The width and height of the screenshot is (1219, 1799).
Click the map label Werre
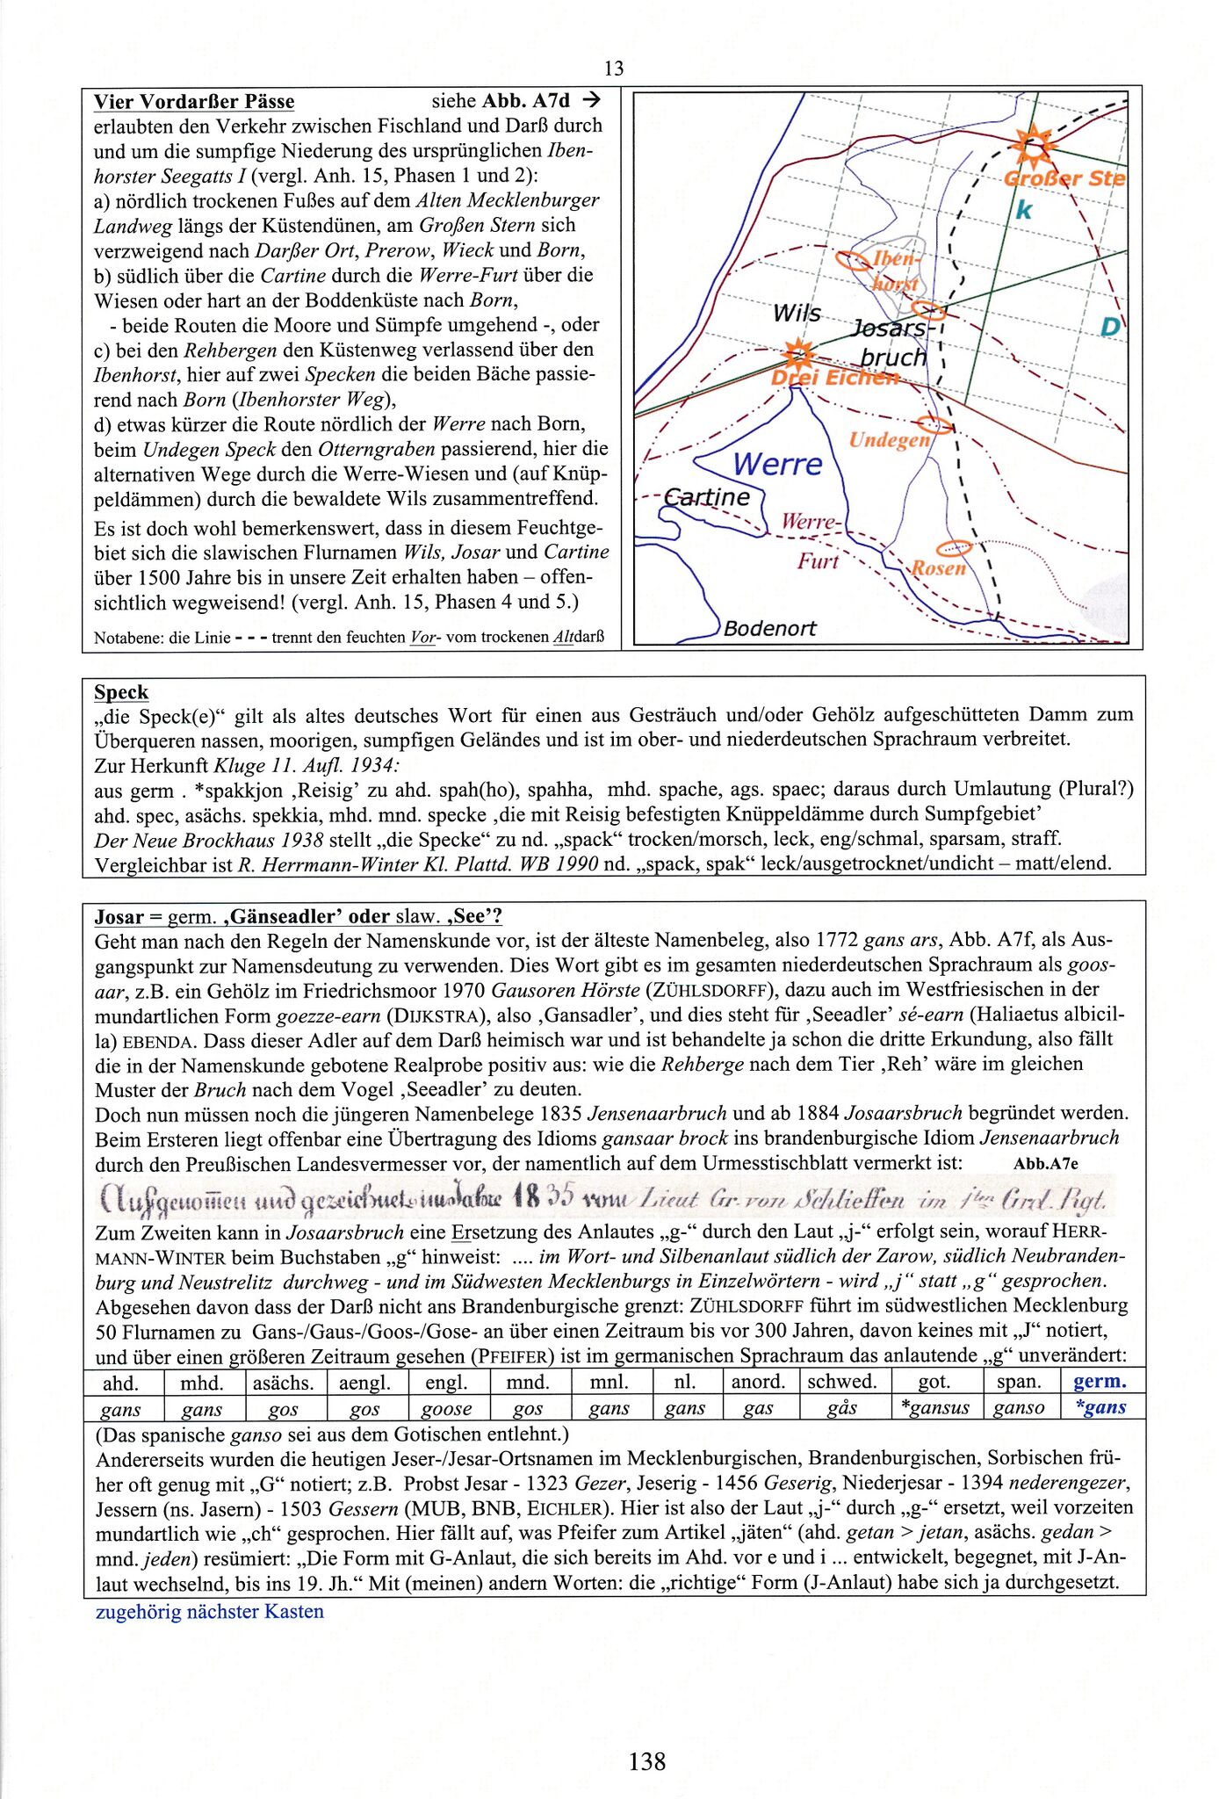click(777, 463)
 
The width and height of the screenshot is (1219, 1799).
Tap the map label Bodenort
click(769, 628)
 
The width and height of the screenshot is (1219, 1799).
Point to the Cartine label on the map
click(707, 497)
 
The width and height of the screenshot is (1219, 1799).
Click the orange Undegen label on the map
click(889, 439)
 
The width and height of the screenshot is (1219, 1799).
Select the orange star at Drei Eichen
click(798, 354)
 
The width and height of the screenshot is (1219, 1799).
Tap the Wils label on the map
click(797, 314)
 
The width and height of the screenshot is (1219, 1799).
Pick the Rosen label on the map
click(938, 567)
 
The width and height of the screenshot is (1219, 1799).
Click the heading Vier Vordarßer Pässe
click(194, 102)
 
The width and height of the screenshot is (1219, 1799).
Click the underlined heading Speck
click(121, 692)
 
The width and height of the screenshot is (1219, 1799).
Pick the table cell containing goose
click(446, 1408)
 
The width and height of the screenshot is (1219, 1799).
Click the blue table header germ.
click(1100, 1381)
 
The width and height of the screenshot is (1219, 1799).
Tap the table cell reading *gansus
click(934, 1407)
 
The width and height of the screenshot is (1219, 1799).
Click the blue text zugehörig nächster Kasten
click(210, 1611)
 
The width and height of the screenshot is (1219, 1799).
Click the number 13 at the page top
click(614, 69)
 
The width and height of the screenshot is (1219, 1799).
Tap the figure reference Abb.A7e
click(1045, 1164)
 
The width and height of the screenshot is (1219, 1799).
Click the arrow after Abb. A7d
click(590, 100)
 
